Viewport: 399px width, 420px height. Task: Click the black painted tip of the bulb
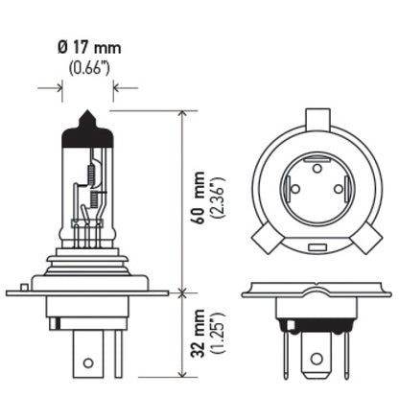tap(88, 128)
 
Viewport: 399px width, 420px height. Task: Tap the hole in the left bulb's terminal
tap(88, 363)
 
